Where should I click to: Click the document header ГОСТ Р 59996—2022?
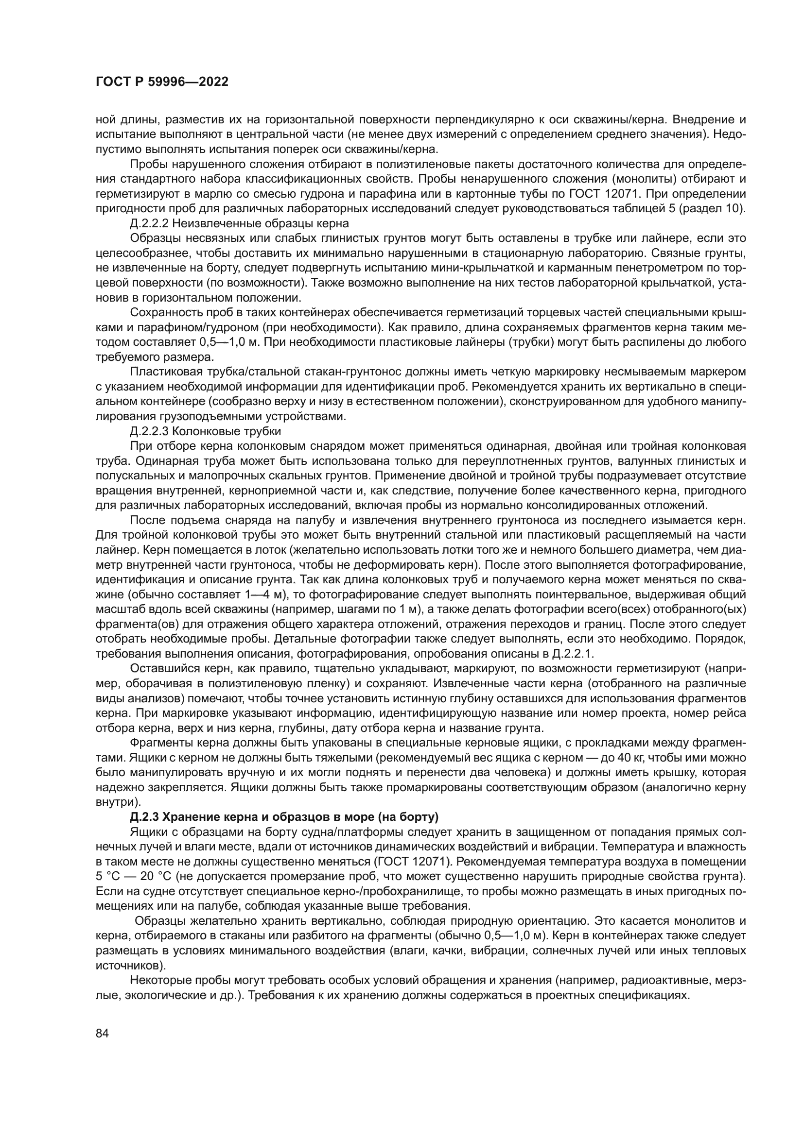(x=161, y=82)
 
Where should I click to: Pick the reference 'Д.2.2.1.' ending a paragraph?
(x=572, y=654)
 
